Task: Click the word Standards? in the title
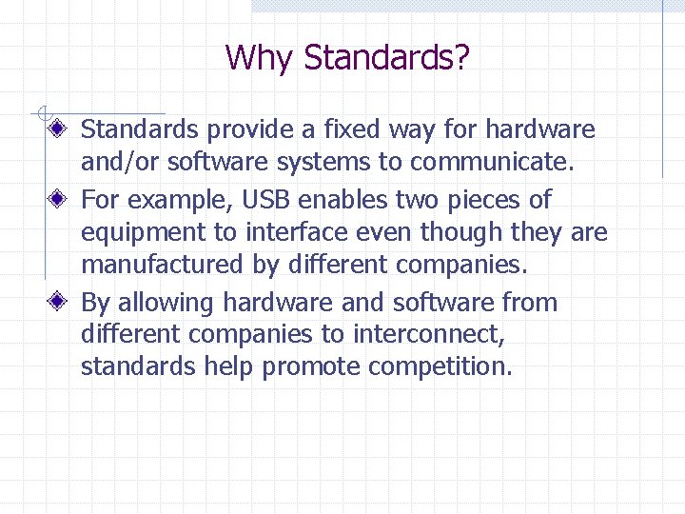pos(386,58)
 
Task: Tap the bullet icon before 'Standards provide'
pos(58,128)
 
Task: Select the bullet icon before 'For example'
pos(58,200)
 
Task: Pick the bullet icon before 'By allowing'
pos(58,303)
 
